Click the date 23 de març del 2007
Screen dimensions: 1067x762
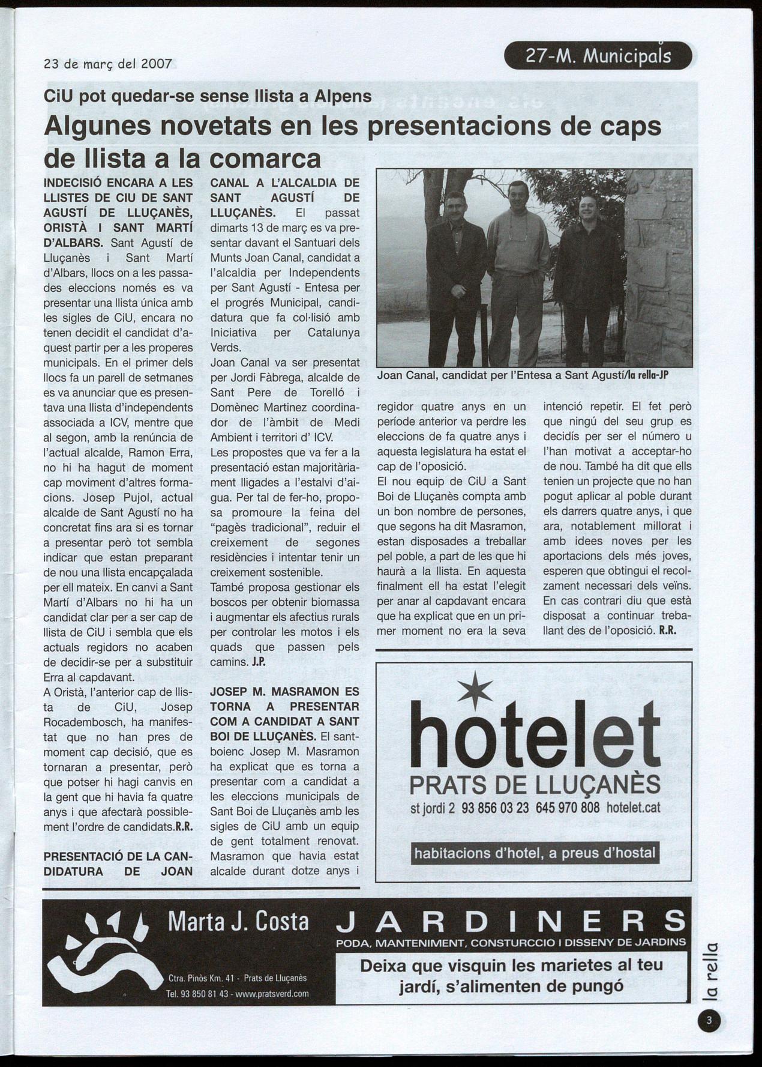pos(108,63)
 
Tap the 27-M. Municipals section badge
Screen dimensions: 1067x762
pos(598,56)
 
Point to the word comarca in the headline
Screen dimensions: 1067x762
pos(266,159)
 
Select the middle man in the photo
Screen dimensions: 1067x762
pos(518,264)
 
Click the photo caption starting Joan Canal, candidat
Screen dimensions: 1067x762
pos(522,376)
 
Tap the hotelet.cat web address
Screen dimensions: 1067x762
pos(633,808)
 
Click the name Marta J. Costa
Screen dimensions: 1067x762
pos(238,922)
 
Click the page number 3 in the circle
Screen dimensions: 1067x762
pos(709,1021)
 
